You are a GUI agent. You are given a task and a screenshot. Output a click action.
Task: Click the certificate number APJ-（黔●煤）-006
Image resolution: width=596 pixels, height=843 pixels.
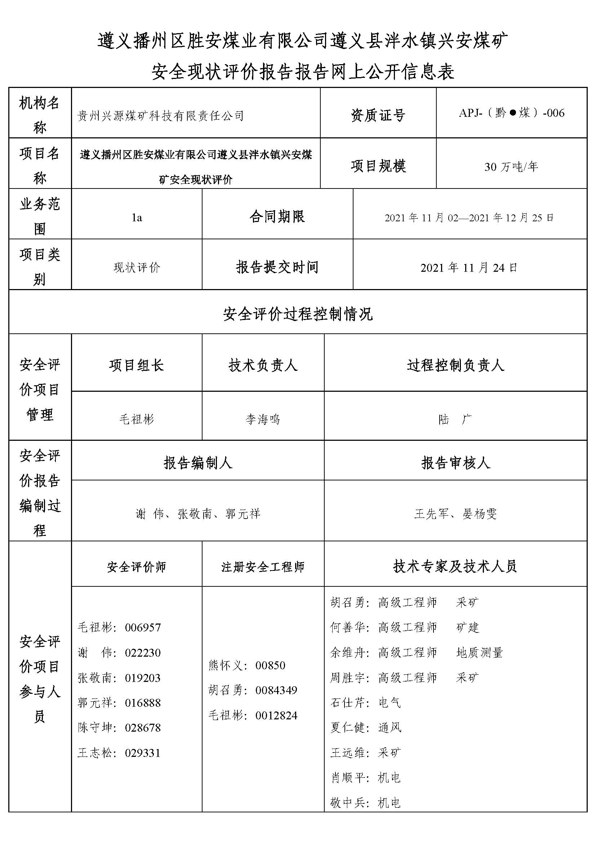coord(511,113)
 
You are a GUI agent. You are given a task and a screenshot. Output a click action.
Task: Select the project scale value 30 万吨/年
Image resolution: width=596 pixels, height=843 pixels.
coord(511,167)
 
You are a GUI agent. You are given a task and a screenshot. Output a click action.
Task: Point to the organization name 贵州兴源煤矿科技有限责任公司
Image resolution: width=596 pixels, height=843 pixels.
coord(160,116)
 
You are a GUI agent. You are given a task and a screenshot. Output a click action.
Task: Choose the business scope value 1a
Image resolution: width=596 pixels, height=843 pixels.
coord(137,218)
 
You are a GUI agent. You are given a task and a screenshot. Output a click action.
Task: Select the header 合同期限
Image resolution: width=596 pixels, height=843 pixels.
coord(277,217)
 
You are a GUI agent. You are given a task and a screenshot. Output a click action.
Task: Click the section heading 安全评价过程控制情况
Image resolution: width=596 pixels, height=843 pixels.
coord(298,314)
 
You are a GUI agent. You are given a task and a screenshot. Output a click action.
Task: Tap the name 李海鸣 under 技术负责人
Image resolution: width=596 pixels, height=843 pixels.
coord(263,419)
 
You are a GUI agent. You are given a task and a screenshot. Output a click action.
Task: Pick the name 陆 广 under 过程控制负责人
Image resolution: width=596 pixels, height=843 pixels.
coord(455,419)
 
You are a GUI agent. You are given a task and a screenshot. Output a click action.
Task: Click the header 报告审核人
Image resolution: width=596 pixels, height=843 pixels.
coord(455,463)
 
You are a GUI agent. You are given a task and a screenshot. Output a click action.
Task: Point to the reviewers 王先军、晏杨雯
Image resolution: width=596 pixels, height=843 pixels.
coord(455,514)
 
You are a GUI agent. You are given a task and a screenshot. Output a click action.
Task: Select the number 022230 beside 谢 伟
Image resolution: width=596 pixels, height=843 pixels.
coord(143,653)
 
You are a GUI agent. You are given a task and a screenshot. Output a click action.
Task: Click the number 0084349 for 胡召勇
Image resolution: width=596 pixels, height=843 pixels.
coord(276,690)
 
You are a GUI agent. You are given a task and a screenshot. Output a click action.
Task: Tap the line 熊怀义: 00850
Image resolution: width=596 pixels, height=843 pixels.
coord(247,665)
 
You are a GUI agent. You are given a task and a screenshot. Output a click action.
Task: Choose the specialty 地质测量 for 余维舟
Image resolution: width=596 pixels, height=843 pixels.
coord(479,652)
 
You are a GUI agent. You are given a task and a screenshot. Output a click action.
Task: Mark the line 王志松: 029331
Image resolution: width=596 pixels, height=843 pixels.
coord(119,753)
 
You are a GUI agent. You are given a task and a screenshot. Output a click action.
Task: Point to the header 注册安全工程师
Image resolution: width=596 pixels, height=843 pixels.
coord(263,567)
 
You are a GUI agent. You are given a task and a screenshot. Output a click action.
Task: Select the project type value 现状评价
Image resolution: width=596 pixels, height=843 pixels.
coord(137,268)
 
